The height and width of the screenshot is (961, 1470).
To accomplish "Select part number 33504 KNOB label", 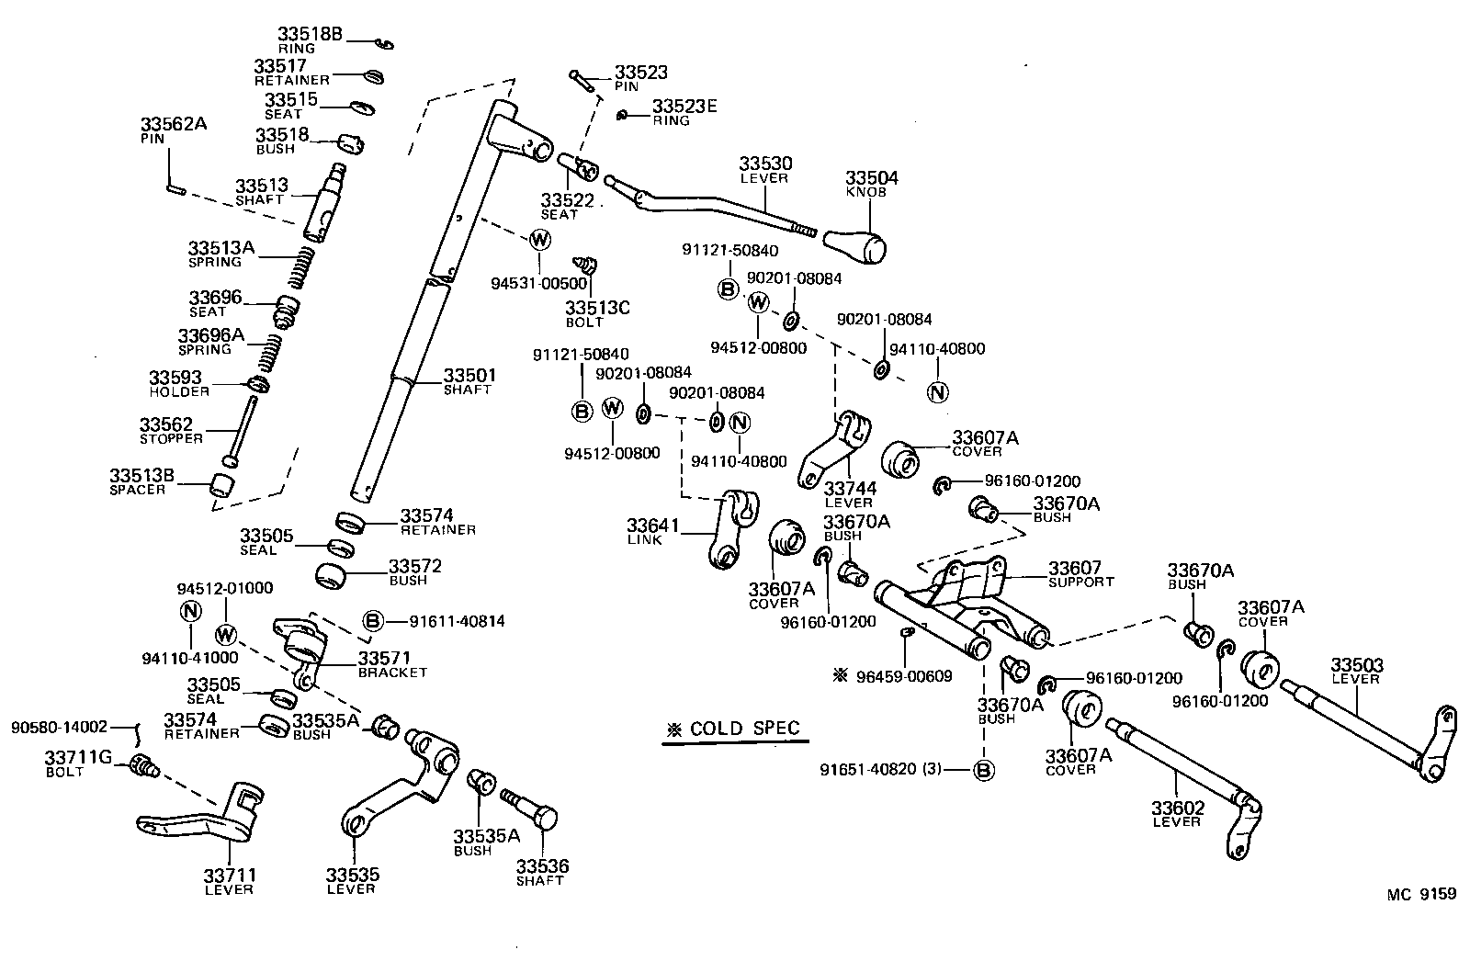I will [871, 183].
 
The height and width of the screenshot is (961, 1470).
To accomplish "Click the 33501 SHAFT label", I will [469, 381].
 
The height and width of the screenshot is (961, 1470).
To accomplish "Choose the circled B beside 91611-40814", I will [373, 622].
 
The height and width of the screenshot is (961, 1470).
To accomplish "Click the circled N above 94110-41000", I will [190, 611].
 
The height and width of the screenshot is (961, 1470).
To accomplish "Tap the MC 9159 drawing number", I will [1421, 892].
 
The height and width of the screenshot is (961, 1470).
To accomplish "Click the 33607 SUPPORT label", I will [1080, 574].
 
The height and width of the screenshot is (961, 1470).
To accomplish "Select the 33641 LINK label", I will [652, 531].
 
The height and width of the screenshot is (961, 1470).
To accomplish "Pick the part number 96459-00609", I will [903, 676].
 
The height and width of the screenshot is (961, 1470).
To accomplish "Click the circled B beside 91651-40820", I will [983, 770].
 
